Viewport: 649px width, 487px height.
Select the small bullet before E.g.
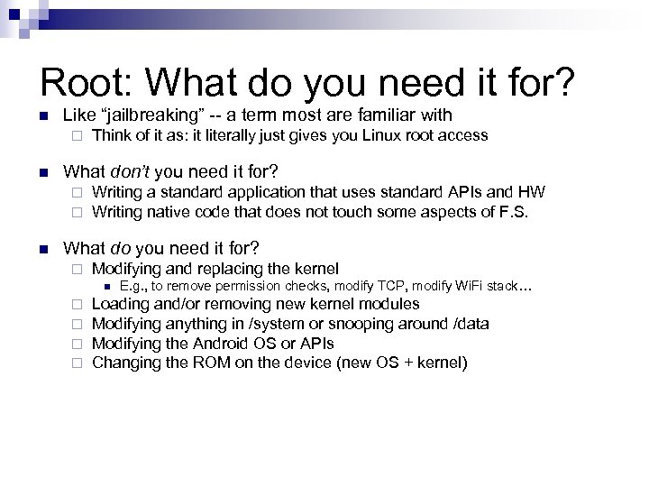click(x=109, y=287)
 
